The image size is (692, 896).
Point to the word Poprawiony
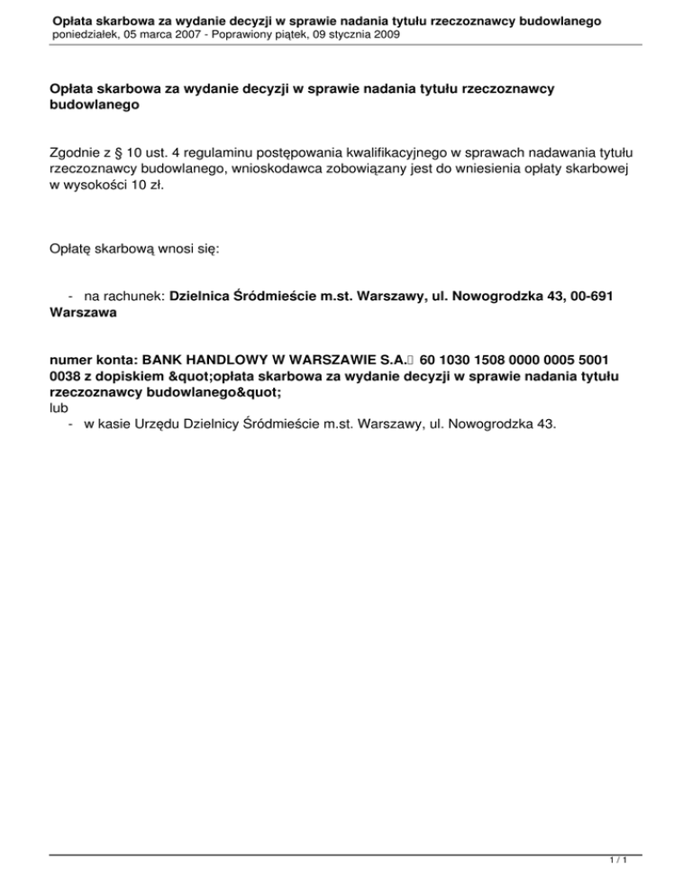point(262,34)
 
